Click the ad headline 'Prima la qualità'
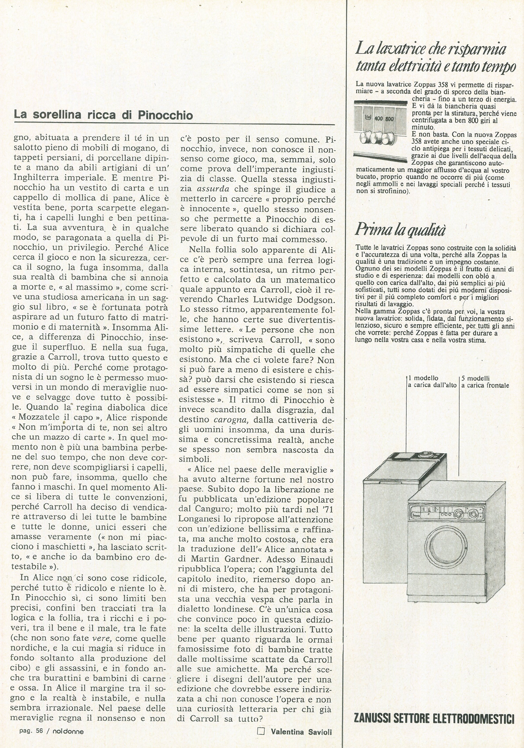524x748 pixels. (x=400, y=230)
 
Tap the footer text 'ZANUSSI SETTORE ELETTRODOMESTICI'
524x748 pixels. (x=434, y=718)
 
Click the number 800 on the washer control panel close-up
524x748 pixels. (x=390, y=119)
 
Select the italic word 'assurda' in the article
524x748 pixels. (x=213, y=189)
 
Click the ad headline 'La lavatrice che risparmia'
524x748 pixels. (x=430, y=49)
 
